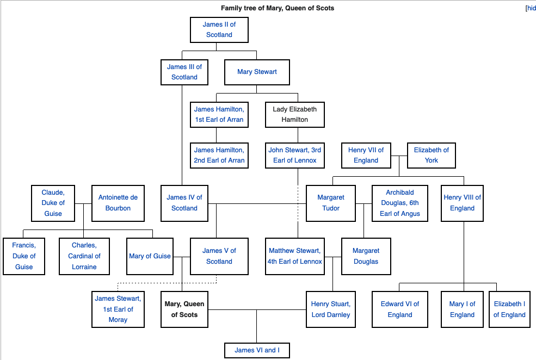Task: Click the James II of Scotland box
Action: pos(219,30)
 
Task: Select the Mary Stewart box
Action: pos(257,72)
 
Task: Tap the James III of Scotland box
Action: pos(184,72)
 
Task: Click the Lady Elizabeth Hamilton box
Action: pos(294,114)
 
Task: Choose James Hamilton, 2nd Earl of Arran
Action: pos(219,155)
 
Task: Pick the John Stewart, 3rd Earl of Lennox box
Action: pos(294,155)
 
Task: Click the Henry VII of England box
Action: pos(366,155)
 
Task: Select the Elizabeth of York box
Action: pos(431,155)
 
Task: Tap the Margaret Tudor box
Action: pos(331,203)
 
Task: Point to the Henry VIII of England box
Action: pos(463,203)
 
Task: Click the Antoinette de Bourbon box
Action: pos(118,203)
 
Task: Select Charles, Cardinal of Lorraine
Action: pos(84,256)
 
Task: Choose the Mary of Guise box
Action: pos(150,256)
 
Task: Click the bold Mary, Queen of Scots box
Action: pos(184,309)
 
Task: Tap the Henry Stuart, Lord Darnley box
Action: pos(331,309)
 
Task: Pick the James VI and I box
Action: pos(257,350)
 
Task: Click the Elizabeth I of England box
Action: pos(509,309)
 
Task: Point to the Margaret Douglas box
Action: pos(366,256)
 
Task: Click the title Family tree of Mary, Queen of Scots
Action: pos(278,8)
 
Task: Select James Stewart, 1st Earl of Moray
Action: pos(118,309)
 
